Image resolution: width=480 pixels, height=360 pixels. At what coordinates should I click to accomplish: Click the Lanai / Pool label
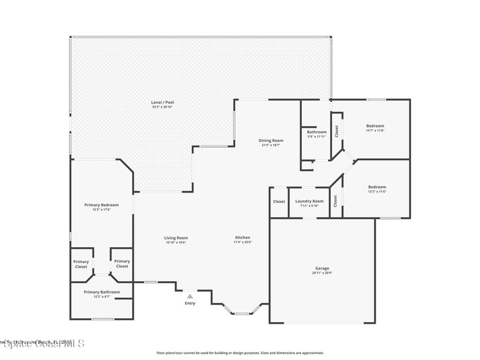159,102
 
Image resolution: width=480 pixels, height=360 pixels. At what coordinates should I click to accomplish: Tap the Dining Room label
271,140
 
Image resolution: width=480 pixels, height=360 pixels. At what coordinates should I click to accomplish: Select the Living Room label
176,238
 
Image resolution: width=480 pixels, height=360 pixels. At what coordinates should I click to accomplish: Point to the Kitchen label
242,238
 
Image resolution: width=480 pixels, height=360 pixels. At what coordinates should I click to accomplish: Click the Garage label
322,269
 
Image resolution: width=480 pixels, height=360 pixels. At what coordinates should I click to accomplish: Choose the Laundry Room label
309,201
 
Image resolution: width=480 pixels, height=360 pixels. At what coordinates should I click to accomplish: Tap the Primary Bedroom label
101,205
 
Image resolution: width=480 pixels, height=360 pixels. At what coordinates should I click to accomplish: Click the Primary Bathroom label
102,292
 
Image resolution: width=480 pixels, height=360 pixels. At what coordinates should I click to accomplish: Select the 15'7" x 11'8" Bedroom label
375,126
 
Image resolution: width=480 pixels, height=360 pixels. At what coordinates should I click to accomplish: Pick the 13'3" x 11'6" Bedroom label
377,187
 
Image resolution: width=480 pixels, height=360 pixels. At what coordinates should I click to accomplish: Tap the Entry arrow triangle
189,296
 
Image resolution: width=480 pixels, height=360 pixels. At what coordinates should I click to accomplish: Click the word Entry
190,303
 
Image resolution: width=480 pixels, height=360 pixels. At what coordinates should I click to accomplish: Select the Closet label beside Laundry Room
279,202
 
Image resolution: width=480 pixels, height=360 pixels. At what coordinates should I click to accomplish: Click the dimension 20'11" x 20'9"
322,273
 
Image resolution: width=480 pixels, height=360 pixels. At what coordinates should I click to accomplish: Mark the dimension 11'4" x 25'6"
242,243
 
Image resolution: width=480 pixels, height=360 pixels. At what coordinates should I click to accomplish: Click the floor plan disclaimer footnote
240,353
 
